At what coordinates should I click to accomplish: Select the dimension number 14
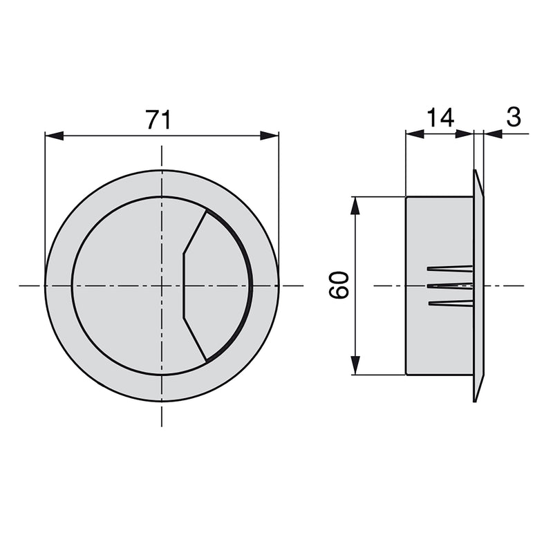(x=440, y=118)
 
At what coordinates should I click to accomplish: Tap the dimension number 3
(x=513, y=118)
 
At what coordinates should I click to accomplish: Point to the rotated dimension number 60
(x=339, y=285)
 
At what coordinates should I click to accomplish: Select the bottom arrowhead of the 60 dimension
(x=355, y=366)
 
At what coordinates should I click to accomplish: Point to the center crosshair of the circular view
(x=162, y=285)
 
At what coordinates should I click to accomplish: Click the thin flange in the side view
(x=478, y=285)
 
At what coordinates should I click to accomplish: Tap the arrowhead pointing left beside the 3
(x=492, y=134)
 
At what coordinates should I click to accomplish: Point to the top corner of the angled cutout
(x=206, y=211)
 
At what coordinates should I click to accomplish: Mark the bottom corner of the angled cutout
(x=206, y=359)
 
